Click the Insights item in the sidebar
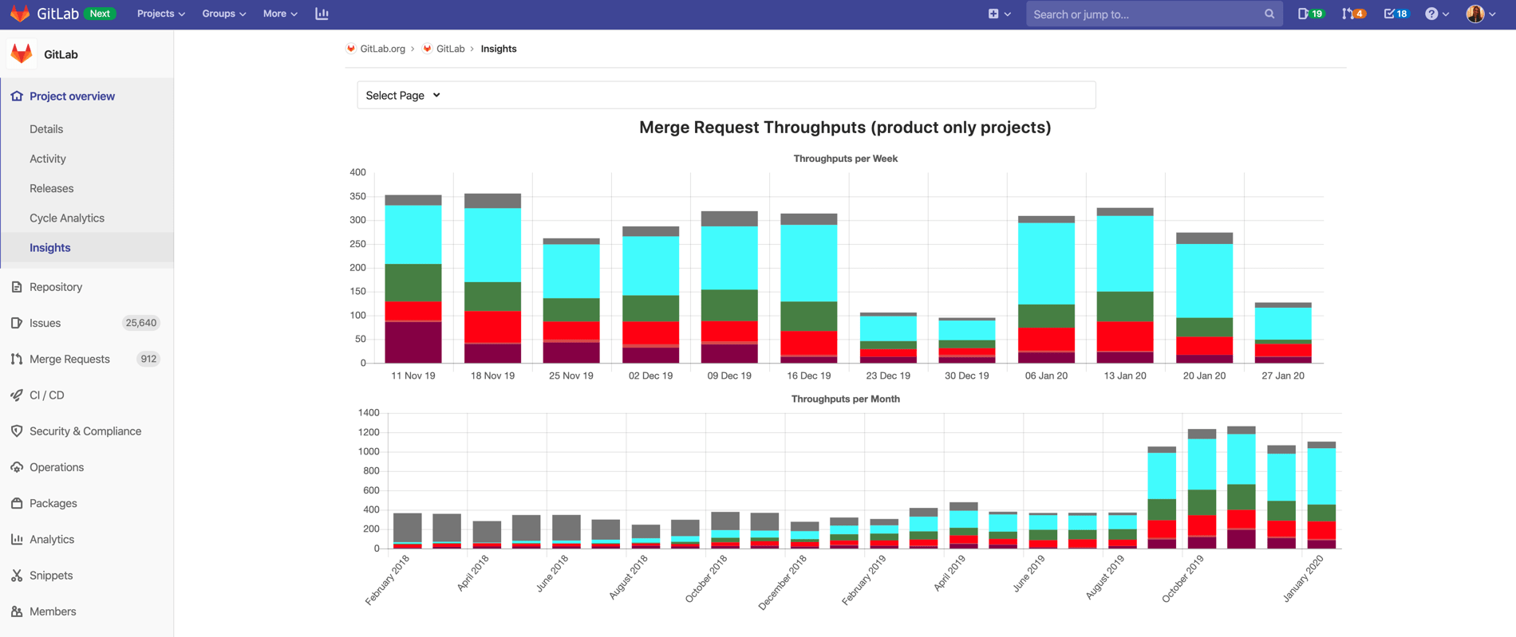pyautogui.click(x=49, y=248)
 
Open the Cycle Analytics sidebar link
pyautogui.click(x=66, y=218)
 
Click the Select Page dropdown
pyautogui.click(x=403, y=96)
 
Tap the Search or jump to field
pyautogui.click(x=1145, y=14)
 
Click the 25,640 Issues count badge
pyautogui.click(x=140, y=323)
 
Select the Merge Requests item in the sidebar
pyautogui.click(x=69, y=360)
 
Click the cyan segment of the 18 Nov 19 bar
pyautogui.click(x=492, y=245)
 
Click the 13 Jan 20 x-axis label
pyautogui.click(x=1124, y=376)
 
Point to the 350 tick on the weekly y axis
pyautogui.click(x=357, y=196)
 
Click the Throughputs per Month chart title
pyautogui.click(x=845, y=399)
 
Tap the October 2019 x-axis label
pyautogui.click(x=1182, y=579)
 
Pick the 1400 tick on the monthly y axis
pyautogui.click(x=369, y=413)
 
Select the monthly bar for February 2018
pyautogui.click(x=408, y=531)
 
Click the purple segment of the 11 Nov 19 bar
pyautogui.click(x=413, y=343)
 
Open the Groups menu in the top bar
pyautogui.click(x=223, y=14)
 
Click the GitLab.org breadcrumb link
pyautogui.click(x=382, y=49)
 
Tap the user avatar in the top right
pyautogui.click(x=1475, y=14)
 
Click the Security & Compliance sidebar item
pyautogui.click(x=85, y=431)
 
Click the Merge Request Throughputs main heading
pyautogui.click(x=845, y=128)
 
